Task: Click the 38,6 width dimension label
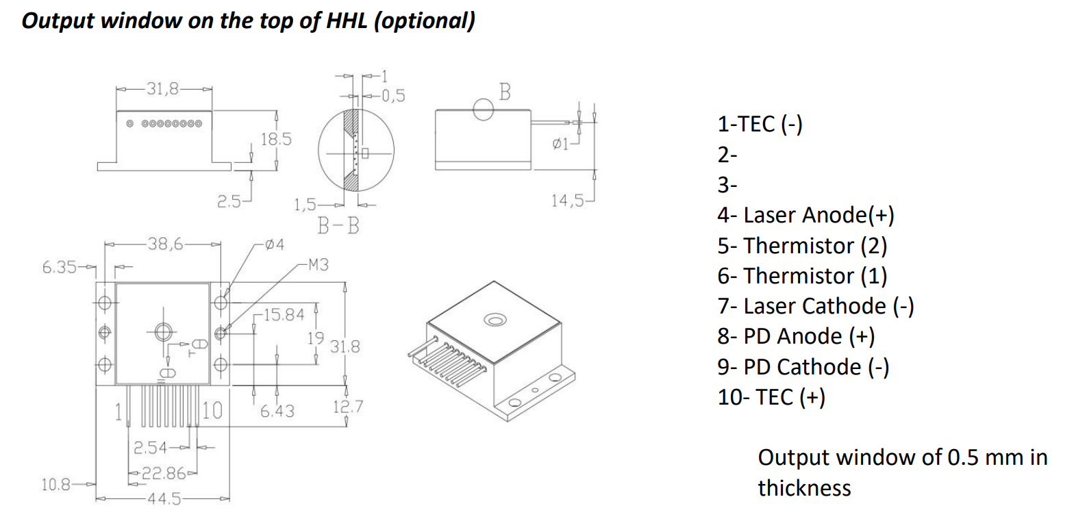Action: click(165, 243)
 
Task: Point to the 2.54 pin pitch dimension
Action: click(151, 448)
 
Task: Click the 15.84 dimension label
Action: click(283, 315)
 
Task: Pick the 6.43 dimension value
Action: click(277, 411)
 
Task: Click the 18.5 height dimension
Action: click(276, 139)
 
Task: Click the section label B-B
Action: click(338, 225)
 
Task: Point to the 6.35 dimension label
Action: click(61, 267)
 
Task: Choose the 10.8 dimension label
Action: click(56, 485)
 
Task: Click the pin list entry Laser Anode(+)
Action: click(806, 215)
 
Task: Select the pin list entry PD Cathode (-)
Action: click(803, 367)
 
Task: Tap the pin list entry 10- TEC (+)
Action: click(771, 397)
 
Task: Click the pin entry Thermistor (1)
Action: click(802, 276)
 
